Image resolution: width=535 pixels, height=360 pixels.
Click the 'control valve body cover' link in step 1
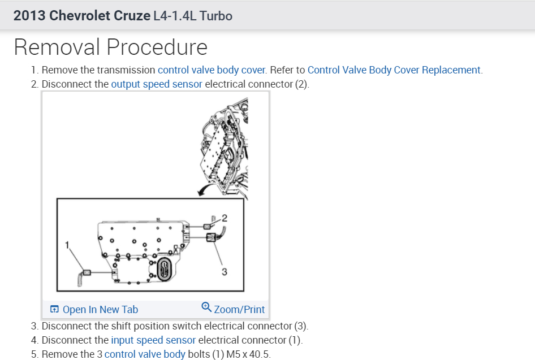pos(212,70)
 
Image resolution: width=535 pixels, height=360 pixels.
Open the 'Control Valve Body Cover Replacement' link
pos(394,70)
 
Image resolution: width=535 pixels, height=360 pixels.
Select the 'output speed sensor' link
pos(156,84)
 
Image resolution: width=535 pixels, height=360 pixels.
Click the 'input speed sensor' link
pos(153,340)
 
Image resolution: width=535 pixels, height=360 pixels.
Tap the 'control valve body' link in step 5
pos(145,354)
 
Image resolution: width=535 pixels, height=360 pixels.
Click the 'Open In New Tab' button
pos(94,309)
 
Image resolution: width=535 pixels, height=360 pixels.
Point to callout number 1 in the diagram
pos(67,245)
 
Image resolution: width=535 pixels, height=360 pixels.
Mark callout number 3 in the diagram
pos(224,272)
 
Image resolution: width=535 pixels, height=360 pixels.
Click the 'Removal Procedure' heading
pos(110,47)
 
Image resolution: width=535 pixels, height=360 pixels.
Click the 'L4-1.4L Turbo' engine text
pos(192,15)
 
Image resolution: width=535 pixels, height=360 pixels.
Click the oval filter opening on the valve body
pos(163,268)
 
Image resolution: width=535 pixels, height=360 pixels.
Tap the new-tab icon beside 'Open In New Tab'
pos(55,309)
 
